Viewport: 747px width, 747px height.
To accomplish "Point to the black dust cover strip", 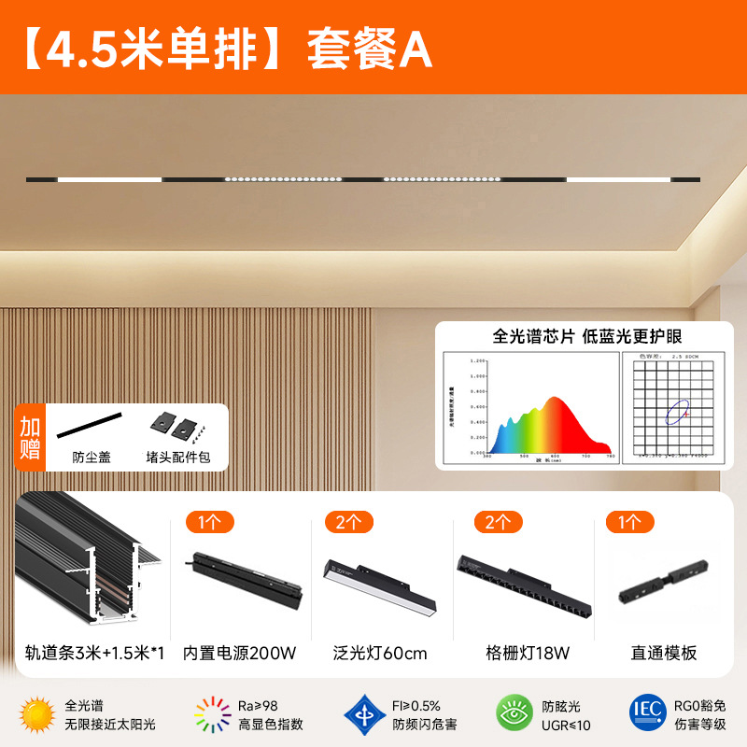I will pos(90,426).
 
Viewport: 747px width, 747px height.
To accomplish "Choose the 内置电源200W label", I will pos(241,653).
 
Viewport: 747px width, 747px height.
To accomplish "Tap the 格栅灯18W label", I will pos(528,653).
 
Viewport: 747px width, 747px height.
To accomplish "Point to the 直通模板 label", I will pos(665,653).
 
